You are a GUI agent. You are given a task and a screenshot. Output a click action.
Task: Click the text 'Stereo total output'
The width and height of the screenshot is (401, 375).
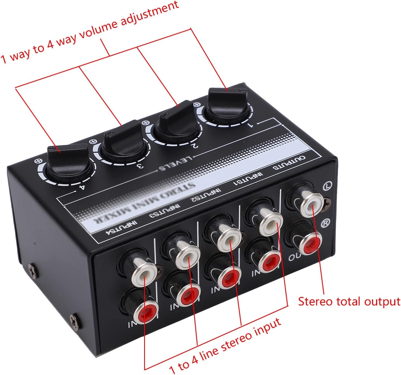(x=349, y=302)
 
